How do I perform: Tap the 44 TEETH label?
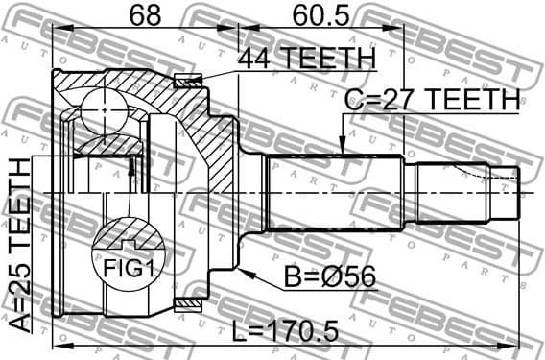click(x=304, y=59)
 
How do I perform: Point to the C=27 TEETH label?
click(x=432, y=99)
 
